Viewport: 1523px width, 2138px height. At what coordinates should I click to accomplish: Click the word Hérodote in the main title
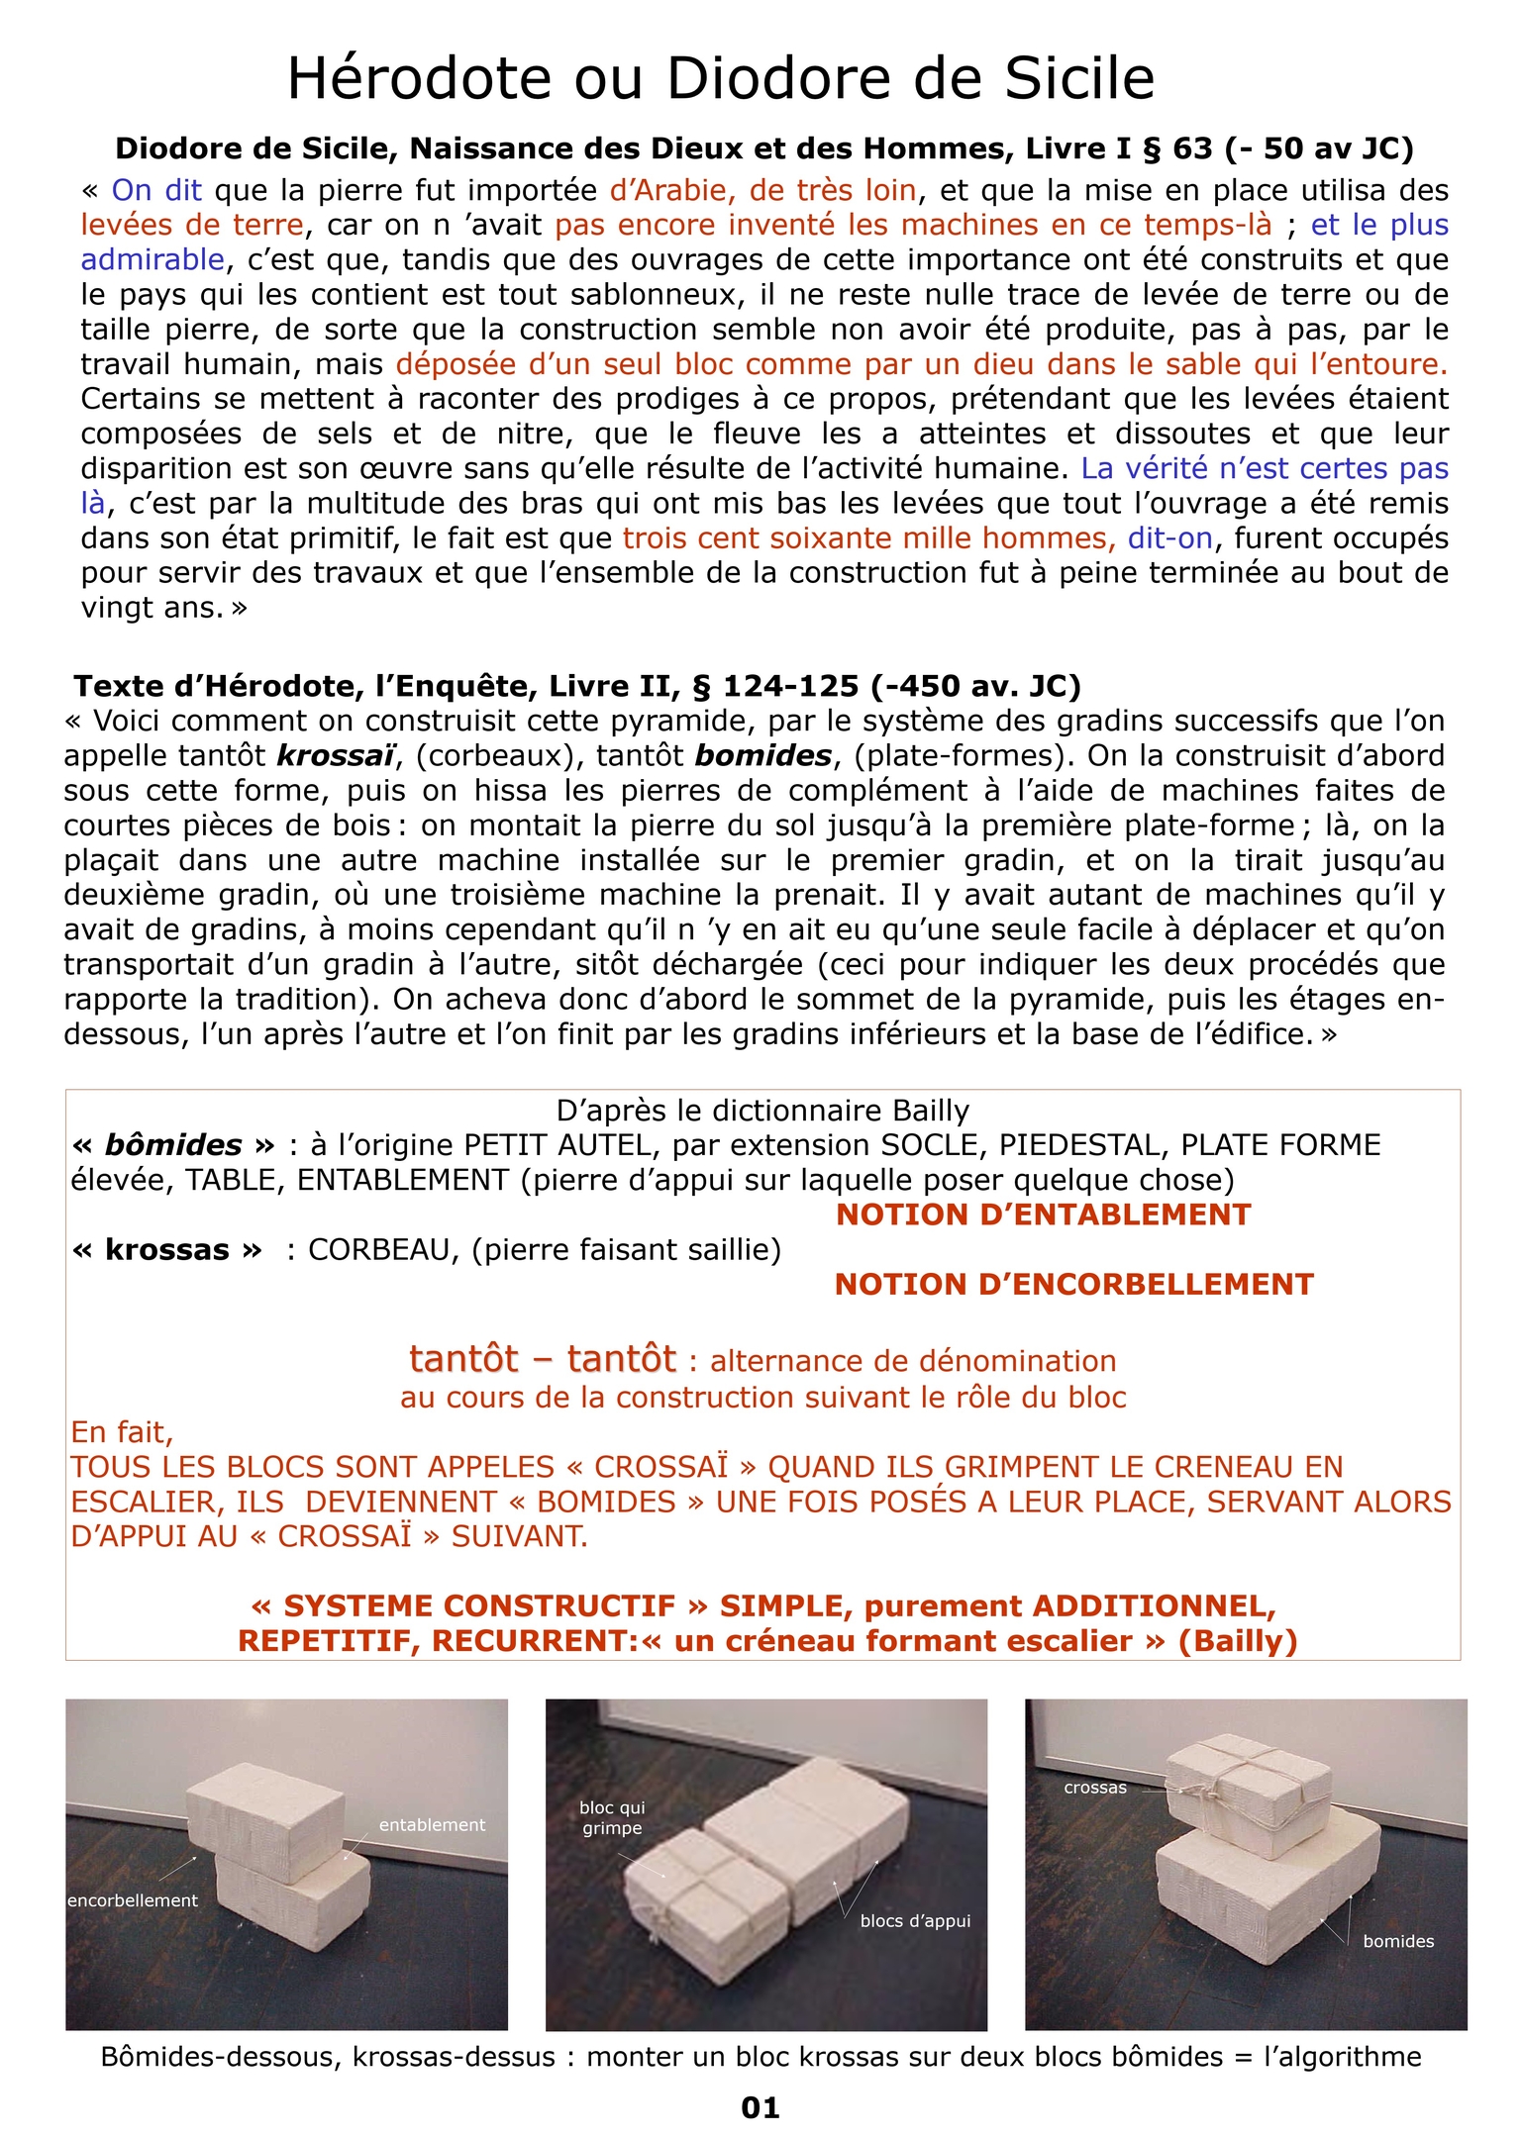pos(419,79)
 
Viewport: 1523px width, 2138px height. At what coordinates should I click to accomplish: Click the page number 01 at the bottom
pos(761,2107)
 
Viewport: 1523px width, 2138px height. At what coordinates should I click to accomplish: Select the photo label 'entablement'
pos(432,1824)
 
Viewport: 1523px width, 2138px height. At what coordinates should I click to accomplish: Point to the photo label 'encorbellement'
pos(133,1900)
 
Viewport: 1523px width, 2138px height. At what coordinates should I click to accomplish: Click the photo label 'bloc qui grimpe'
pos(612,1817)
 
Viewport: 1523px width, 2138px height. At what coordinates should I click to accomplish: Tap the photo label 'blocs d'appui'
pos(915,1920)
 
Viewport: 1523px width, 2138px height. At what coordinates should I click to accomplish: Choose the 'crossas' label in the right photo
pos(1095,1787)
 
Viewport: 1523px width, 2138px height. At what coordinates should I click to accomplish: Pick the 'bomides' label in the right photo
pos(1398,1941)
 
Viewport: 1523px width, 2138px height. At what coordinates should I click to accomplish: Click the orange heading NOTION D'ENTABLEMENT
pos(1044,1215)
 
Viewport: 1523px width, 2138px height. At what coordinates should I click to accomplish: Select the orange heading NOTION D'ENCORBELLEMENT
pos(1073,1284)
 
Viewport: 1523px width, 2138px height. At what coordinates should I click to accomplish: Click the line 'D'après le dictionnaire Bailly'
pos(762,1111)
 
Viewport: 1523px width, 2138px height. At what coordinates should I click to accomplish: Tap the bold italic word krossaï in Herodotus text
pos(336,755)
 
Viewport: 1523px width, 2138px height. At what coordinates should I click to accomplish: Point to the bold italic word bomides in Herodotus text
pos(762,755)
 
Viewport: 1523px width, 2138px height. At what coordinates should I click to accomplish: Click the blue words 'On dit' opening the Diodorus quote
pos(156,190)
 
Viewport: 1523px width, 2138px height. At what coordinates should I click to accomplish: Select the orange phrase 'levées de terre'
pos(192,225)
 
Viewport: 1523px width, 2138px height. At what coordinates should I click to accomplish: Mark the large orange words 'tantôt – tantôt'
pos(543,1359)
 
